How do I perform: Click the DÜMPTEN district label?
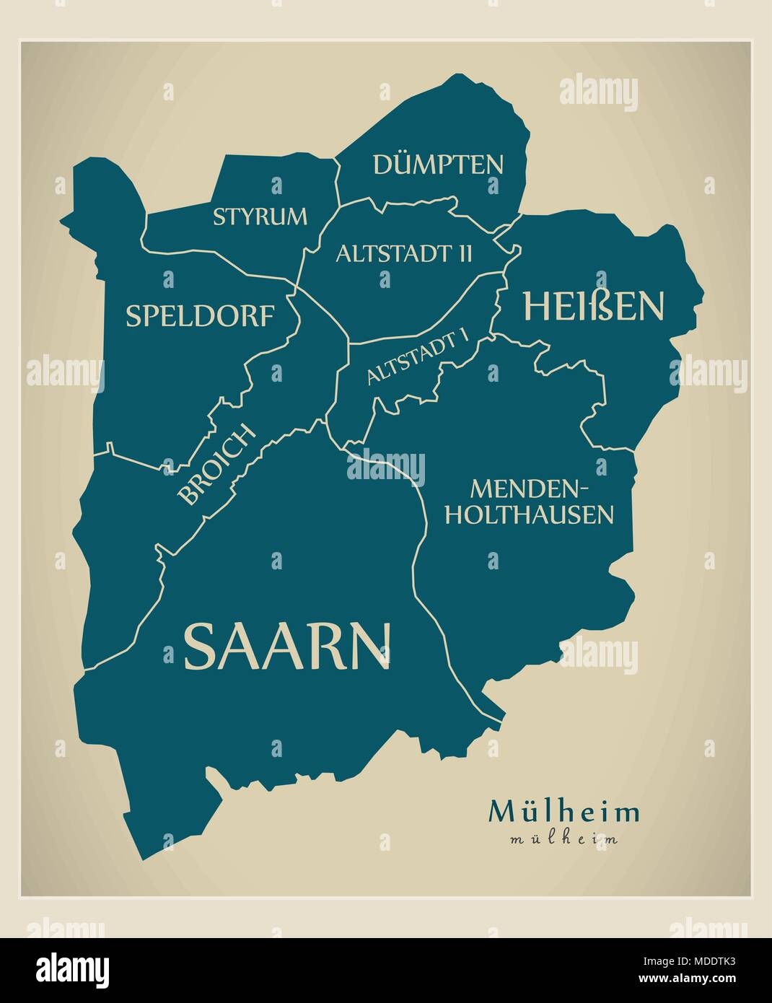pyautogui.click(x=438, y=165)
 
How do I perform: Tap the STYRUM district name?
pyautogui.click(x=260, y=216)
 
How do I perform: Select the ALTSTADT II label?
pyautogui.click(x=404, y=253)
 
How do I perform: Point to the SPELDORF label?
pyautogui.click(x=200, y=316)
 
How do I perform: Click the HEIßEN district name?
pyautogui.click(x=592, y=306)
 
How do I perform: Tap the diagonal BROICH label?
pyautogui.click(x=217, y=465)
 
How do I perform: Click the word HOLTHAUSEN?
pyautogui.click(x=530, y=514)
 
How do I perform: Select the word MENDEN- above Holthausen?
pyautogui.click(x=530, y=489)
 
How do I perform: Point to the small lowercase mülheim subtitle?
pyautogui.click(x=563, y=839)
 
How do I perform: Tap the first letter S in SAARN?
pyautogui.click(x=201, y=646)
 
